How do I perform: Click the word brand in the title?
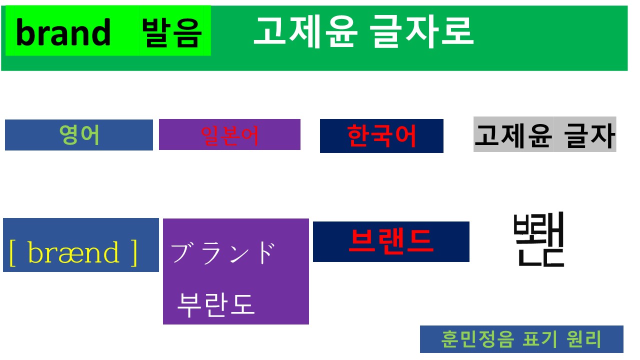click(x=63, y=33)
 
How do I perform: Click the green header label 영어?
click(x=79, y=135)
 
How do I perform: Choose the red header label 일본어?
click(x=229, y=135)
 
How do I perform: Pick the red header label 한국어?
click(x=381, y=135)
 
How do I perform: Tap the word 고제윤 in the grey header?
click(x=513, y=135)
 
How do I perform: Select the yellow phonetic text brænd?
click(x=74, y=253)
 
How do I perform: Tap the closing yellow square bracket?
click(x=133, y=253)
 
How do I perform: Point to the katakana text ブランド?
click(x=223, y=252)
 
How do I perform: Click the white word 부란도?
click(x=216, y=303)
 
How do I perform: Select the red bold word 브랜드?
click(x=390, y=241)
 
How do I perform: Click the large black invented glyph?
click(x=539, y=239)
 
